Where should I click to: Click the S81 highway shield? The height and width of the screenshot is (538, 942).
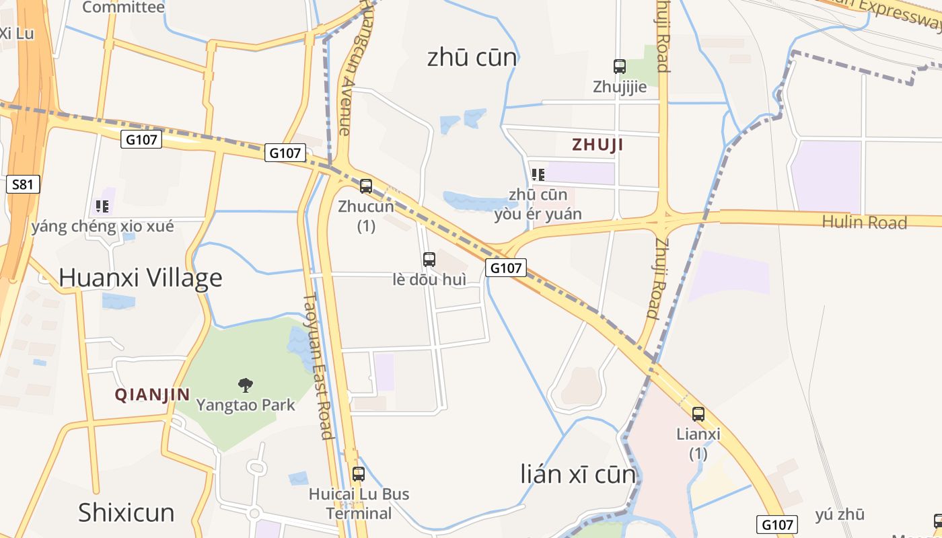[x=22, y=184]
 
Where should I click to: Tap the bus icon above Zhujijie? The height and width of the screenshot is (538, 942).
[x=620, y=67]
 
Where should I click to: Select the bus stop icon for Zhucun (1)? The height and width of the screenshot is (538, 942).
[x=366, y=186]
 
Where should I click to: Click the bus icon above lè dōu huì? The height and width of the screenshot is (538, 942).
[x=429, y=259]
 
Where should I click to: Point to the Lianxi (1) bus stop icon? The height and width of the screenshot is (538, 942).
[x=698, y=414]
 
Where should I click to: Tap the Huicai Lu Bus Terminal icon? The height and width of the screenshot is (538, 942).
[x=359, y=474]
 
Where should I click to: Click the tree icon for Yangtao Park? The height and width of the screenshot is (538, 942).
[x=246, y=385]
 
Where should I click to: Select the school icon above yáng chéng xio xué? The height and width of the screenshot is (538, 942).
[x=102, y=206]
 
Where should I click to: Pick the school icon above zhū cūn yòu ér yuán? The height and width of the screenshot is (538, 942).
[x=538, y=175]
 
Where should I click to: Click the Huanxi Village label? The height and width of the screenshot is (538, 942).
[x=141, y=278]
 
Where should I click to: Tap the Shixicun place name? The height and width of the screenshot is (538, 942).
[x=126, y=512]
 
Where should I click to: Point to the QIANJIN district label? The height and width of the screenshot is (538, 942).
[x=152, y=395]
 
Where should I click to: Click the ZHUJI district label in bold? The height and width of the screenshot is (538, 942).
[x=597, y=145]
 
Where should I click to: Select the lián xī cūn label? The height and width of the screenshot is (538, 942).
[x=578, y=474]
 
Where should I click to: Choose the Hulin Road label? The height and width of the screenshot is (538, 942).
[x=865, y=223]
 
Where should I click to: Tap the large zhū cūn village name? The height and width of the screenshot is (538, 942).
[x=472, y=58]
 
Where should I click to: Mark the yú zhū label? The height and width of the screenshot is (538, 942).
[x=840, y=515]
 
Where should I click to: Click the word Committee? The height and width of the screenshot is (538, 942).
[x=123, y=7]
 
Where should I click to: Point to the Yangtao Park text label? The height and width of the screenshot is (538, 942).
[x=246, y=405]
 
